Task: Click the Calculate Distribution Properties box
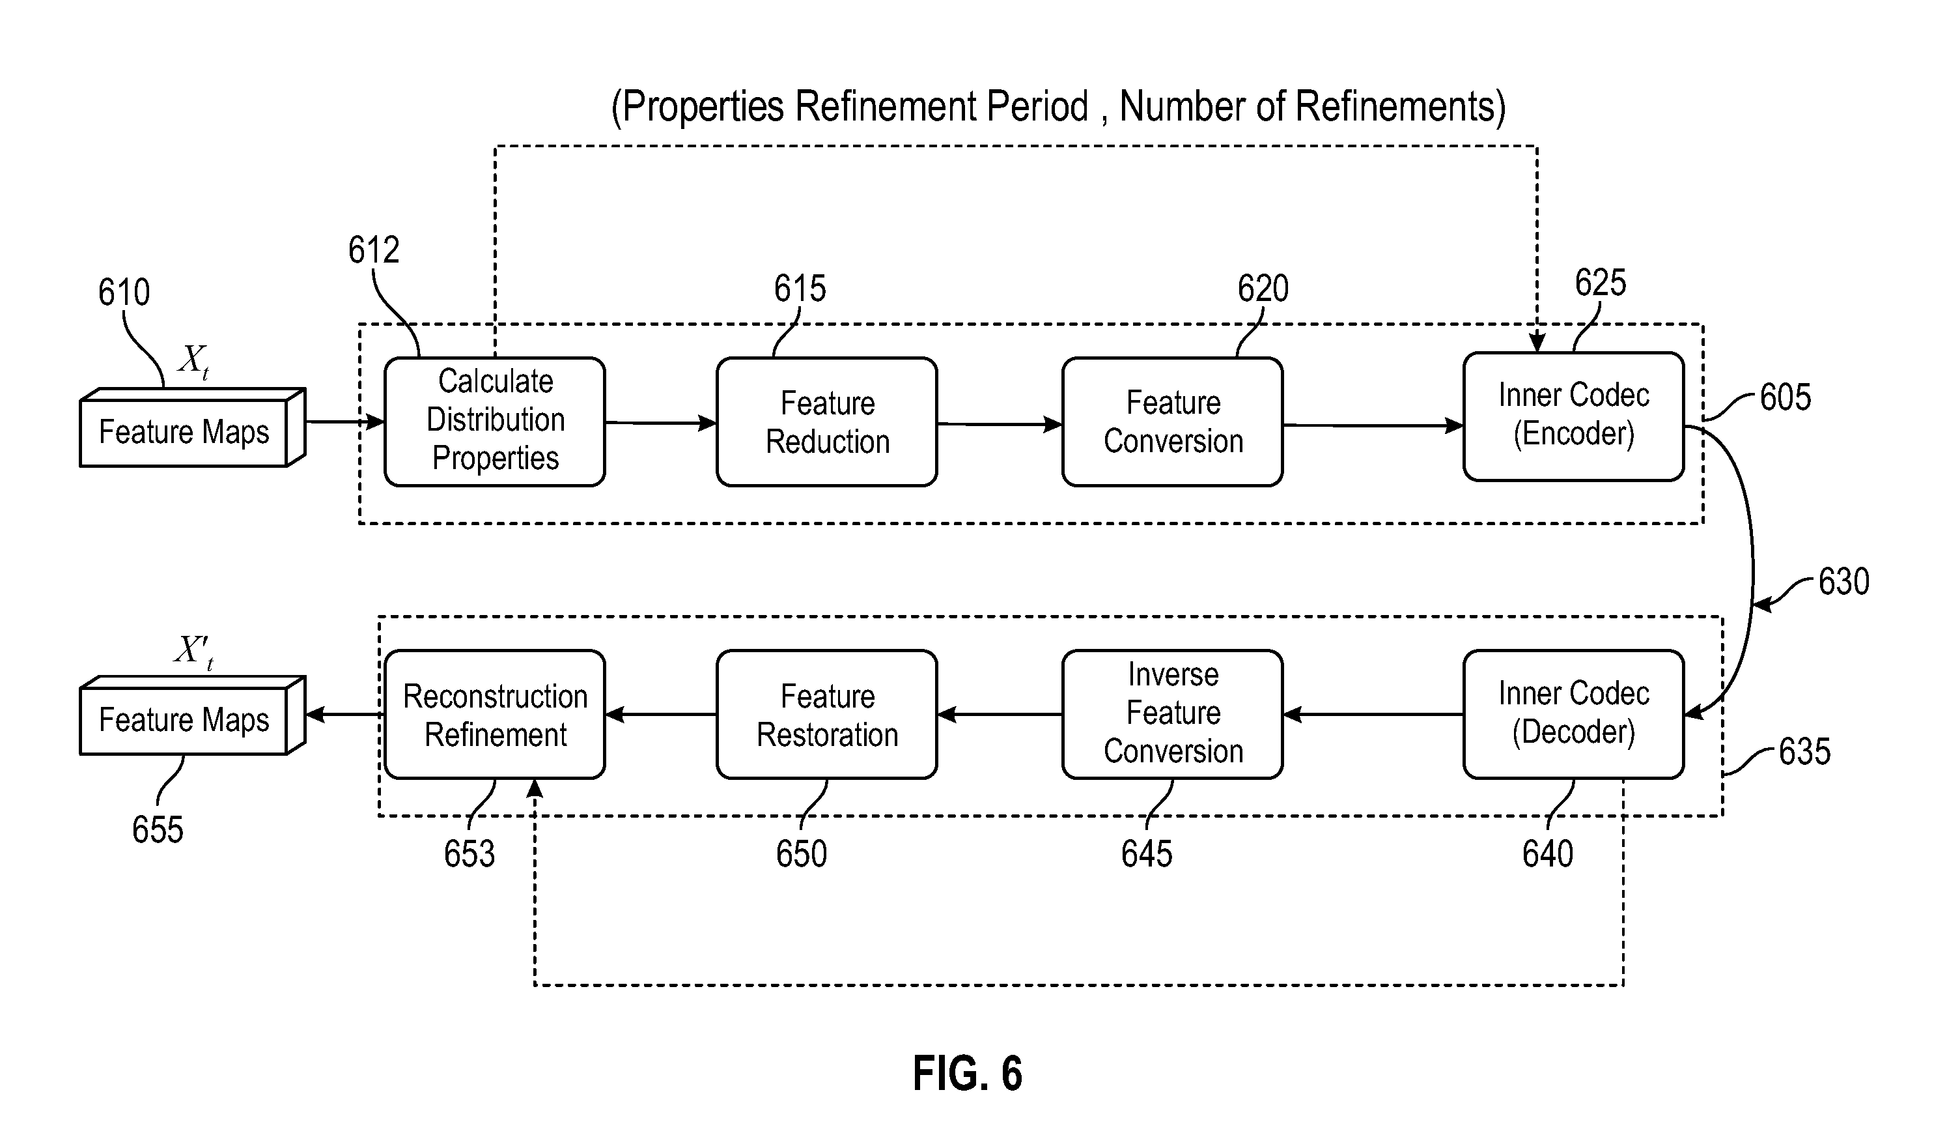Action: click(494, 421)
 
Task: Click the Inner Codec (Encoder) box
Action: click(1573, 416)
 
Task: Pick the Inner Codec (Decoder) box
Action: click(1573, 713)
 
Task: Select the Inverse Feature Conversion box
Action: click(1172, 713)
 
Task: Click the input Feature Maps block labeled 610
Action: click(186, 431)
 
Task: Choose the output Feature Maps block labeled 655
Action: click(186, 719)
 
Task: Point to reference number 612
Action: click(373, 250)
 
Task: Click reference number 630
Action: click(1843, 581)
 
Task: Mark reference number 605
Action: click(1785, 397)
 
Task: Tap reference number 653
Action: click(468, 854)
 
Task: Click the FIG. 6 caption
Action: click(968, 1072)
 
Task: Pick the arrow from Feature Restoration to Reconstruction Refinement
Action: click(660, 715)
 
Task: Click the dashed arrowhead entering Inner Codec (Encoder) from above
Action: click(1537, 341)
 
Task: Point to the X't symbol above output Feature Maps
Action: click(193, 651)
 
